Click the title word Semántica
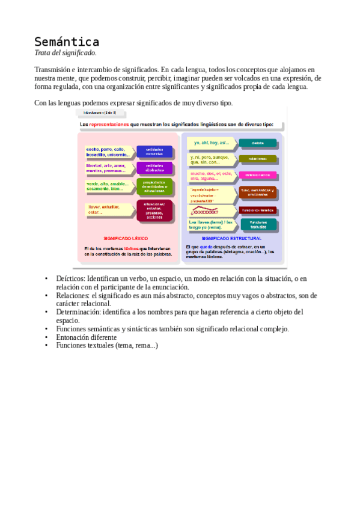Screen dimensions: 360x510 tap(66, 42)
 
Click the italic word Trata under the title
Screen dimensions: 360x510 tap(44, 54)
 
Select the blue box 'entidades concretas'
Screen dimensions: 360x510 tap(154, 152)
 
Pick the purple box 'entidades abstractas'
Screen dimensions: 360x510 tap(154, 168)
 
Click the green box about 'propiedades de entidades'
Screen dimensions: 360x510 tap(154, 186)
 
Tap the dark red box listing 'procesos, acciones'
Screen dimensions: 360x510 tap(154, 210)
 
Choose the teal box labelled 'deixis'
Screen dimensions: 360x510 tap(258, 143)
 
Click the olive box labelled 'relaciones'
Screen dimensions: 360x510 tap(258, 159)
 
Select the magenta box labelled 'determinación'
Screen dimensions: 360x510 tap(258, 175)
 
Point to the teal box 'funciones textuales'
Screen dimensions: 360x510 tap(258, 224)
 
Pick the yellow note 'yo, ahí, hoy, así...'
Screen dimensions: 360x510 tap(208, 143)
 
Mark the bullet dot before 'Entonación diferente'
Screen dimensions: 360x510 tap(46, 337)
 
